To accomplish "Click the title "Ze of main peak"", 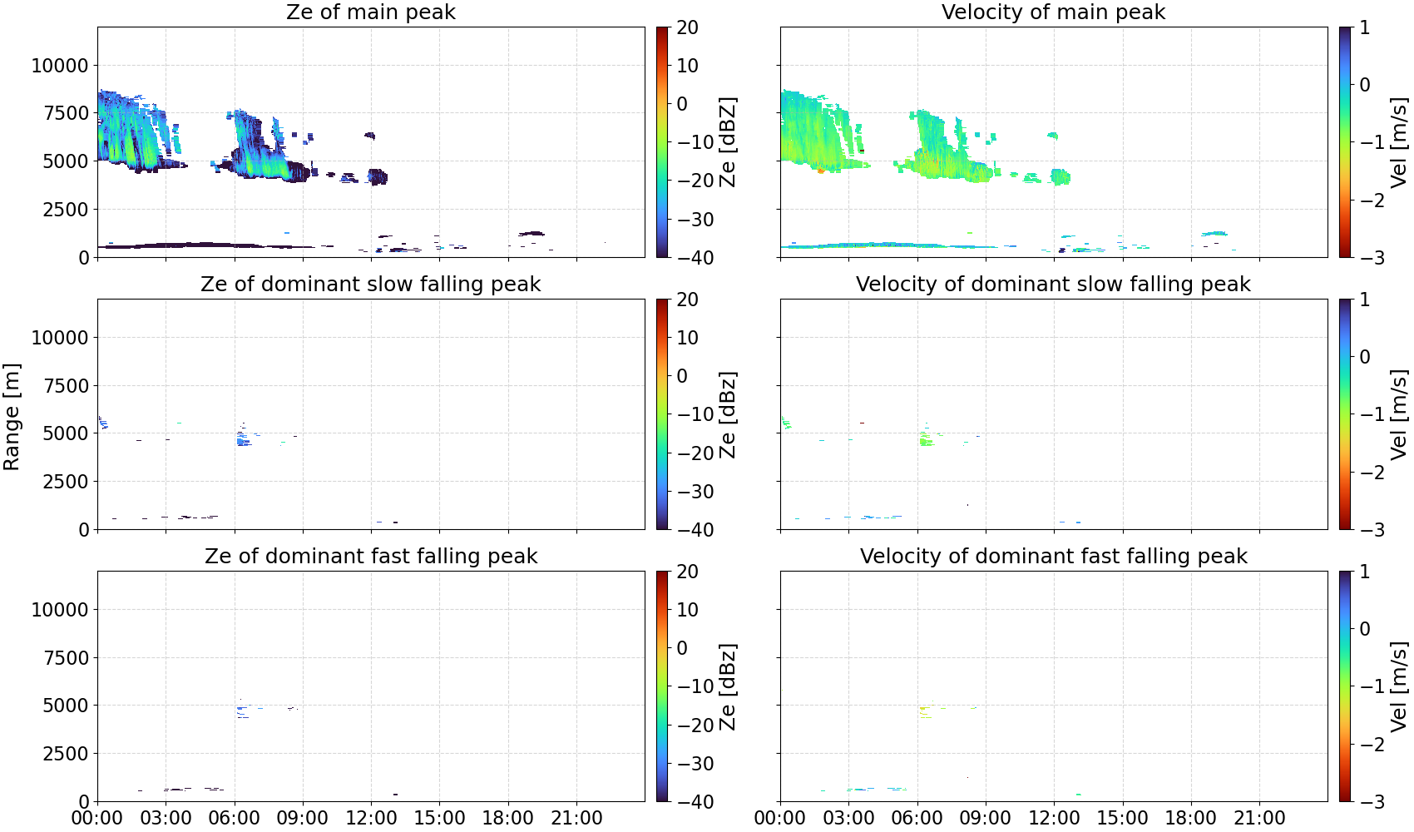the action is [x=370, y=12].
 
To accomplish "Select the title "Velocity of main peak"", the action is [x=1054, y=12].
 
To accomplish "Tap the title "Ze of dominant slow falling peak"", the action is [x=370, y=284].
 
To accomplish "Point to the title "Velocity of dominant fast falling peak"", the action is [x=1054, y=556].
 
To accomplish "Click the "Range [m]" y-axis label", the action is [x=12, y=417].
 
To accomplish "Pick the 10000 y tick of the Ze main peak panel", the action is [x=60, y=66].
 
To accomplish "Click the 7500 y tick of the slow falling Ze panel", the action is [x=66, y=386].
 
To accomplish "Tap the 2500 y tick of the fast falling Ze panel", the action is [x=66, y=754].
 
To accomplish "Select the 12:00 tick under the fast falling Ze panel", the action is [x=371, y=818].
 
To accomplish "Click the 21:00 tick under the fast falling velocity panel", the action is [x=1259, y=818].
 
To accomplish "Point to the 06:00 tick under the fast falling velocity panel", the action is [x=917, y=818].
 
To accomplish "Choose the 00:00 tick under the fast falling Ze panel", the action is [x=97, y=818].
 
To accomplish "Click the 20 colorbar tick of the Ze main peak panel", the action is [x=687, y=27].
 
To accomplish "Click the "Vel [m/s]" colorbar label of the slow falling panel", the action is [x=1399, y=414].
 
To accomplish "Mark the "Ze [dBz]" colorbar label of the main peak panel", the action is [x=727, y=142].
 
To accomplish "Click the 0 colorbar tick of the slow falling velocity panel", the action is [x=1365, y=357].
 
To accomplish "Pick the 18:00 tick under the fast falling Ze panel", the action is [x=508, y=818].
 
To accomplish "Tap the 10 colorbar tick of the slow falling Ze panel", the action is [x=687, y=338].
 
